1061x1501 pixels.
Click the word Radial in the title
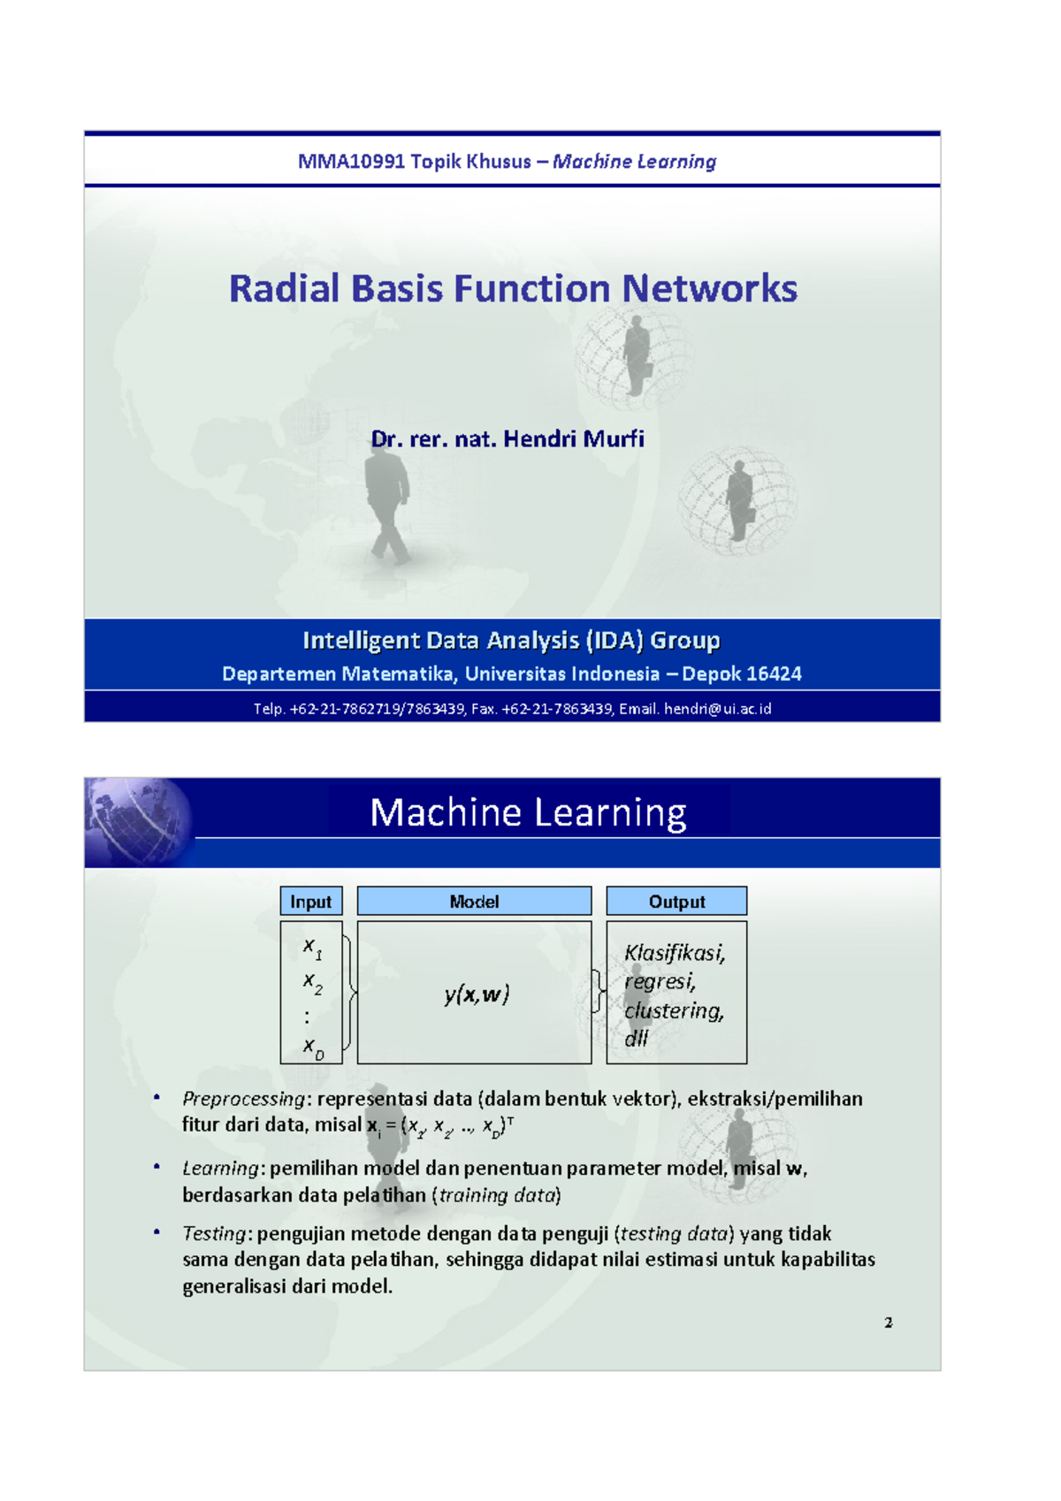[284, 289]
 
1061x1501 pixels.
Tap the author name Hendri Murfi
[573, 439]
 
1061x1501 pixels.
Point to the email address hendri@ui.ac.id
[717, 709]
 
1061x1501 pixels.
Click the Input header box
[310, 902]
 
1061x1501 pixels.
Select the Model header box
[474, 902]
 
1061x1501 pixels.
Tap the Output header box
[676, 902]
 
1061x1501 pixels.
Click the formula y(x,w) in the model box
[477, 994]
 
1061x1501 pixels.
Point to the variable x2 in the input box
[312, 982]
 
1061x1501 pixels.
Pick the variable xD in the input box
[313, 1048]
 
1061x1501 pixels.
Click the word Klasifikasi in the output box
[674, 953]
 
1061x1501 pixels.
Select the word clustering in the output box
[674, 1011]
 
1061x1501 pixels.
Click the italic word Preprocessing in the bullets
[243, 1099]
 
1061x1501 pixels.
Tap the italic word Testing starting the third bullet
[213, 1234]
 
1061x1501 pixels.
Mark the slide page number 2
[889, 1322]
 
